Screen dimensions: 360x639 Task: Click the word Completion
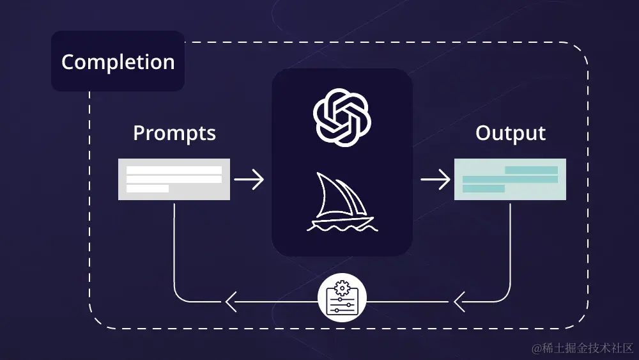(x=118, y=62)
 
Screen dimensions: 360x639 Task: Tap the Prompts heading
(x=174, y=133)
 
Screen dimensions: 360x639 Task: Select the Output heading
(x=510, y=133)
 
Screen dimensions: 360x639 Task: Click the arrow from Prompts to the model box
(x=249, y=179)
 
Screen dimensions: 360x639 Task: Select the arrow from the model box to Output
(x=435, y=179)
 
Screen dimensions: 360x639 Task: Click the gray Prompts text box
(x=174, y=179)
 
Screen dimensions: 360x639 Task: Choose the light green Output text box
(x=510, y=179)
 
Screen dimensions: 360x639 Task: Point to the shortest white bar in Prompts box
(x=148, y=189)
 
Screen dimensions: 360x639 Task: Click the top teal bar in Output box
(x=531, y=170)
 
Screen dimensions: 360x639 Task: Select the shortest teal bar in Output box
(x=484, y=189)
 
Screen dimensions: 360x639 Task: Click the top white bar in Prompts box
(x=174, y=170)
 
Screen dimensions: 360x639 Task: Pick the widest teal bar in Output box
(x=510, y=180)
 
